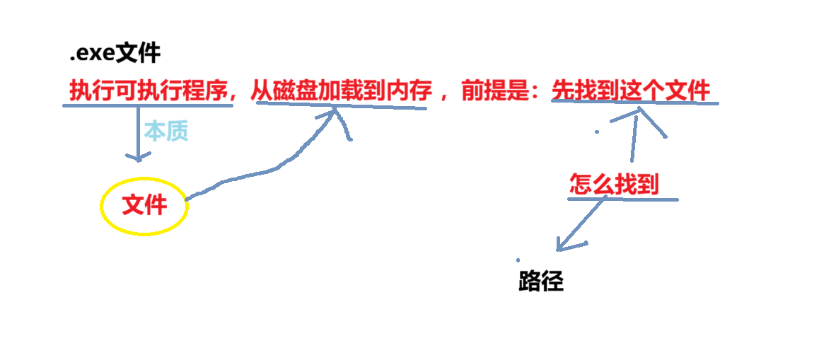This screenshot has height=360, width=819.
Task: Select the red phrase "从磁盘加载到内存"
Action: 341,91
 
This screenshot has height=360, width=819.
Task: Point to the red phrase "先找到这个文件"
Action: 631,91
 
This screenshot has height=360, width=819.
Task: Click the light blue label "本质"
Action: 166,131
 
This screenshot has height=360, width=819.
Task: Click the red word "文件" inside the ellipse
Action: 144,205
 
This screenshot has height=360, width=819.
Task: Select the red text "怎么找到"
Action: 614,185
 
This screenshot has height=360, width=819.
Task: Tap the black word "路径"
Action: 541,281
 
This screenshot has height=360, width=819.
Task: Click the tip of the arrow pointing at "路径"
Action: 559,249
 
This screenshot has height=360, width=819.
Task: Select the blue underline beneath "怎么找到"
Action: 622,199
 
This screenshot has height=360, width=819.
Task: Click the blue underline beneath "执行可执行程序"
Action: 148,106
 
